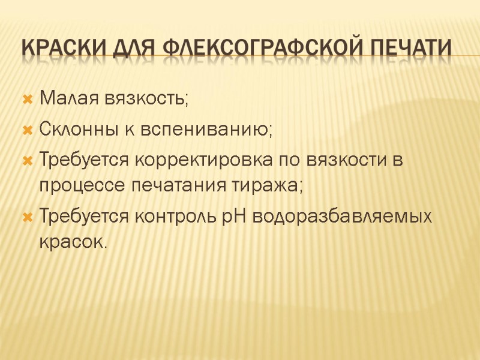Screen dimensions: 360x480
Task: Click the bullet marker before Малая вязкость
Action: [x=26, y=98]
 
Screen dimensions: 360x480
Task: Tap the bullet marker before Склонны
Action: [x=26, y=129]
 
